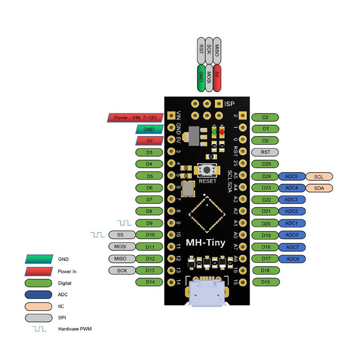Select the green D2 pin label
[x=265, y=118]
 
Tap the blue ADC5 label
[x=292, y=176]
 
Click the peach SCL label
[x=319, y=176]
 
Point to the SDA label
[x=319, y=188]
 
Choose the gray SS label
[x=120, y=234]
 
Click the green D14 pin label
[x=149, y=282]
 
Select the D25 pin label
[x=265, y=164]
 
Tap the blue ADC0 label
[x=292, y=234]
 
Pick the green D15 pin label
[x=265, y=282]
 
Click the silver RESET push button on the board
[x=207, y=171]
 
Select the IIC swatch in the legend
[x=39, y=306]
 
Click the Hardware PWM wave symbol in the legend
[x=39, y=329]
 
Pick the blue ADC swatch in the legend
[x=39, y=295]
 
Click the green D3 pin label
[x=149, y=153]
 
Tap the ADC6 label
[x=292, y=258]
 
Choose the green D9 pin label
[x=149, y=223]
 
